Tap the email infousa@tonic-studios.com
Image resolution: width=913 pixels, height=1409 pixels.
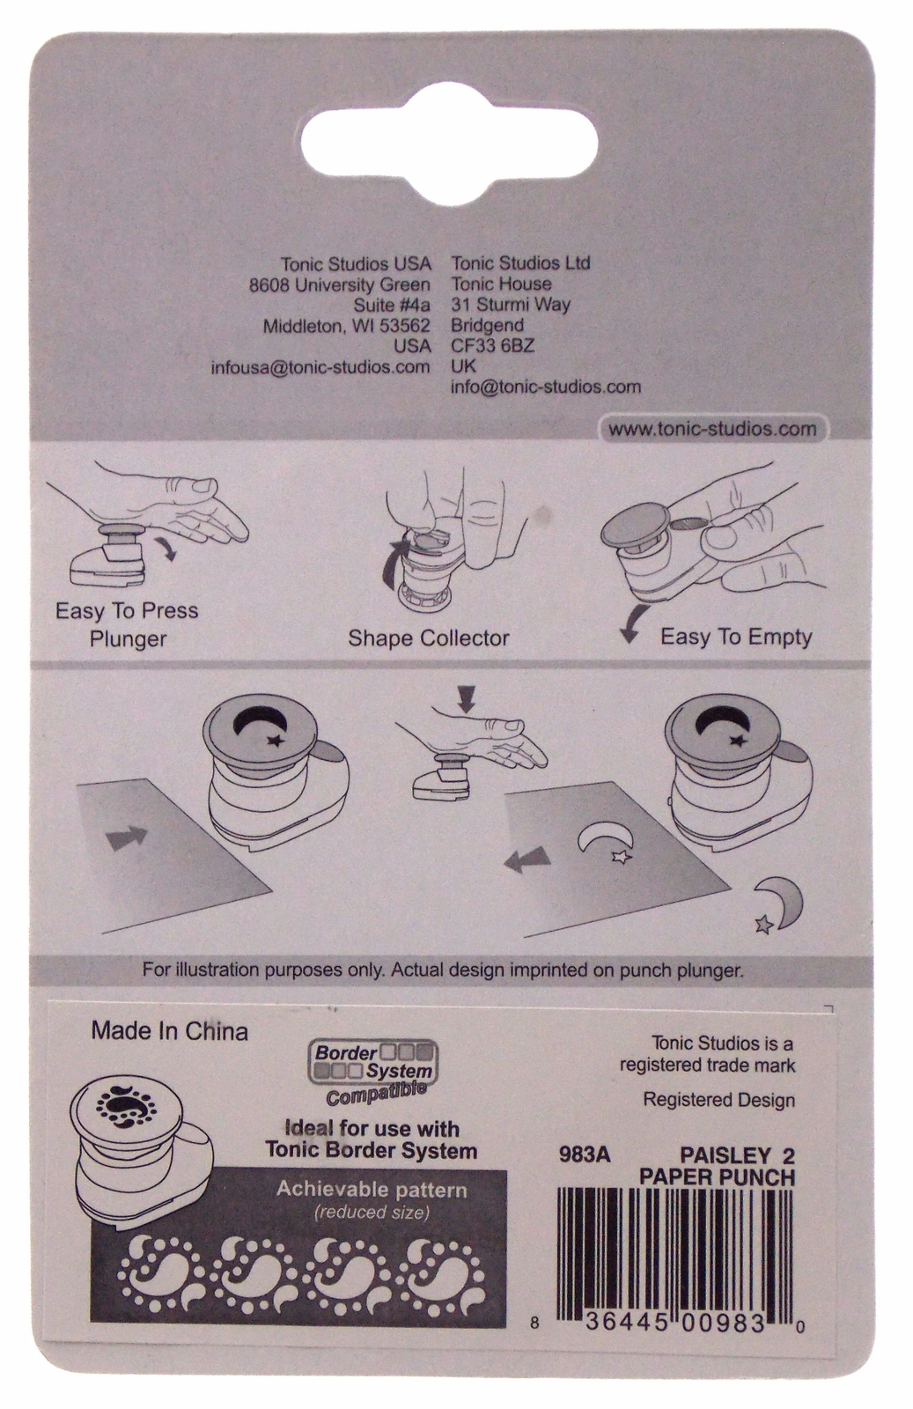coord(320,367)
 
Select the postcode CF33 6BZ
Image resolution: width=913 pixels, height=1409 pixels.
coord(492,346)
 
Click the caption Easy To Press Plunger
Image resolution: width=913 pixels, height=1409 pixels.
coord(127,624)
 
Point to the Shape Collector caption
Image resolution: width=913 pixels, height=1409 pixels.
coord(428,638)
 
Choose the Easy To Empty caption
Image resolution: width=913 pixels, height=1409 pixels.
coord(736,637)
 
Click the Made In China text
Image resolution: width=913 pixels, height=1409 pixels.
coord(170,1031)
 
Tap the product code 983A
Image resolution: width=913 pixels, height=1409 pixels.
coord(584,1154)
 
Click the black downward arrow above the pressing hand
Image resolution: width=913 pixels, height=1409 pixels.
coord(467,698)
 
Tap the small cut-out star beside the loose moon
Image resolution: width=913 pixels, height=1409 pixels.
coord(764,924)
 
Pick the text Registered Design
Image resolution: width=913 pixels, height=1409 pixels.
coord(718,1100)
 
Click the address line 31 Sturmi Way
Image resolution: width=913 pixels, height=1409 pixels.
coord(511,305)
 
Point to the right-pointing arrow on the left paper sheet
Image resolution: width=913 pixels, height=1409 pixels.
coord(124,837)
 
